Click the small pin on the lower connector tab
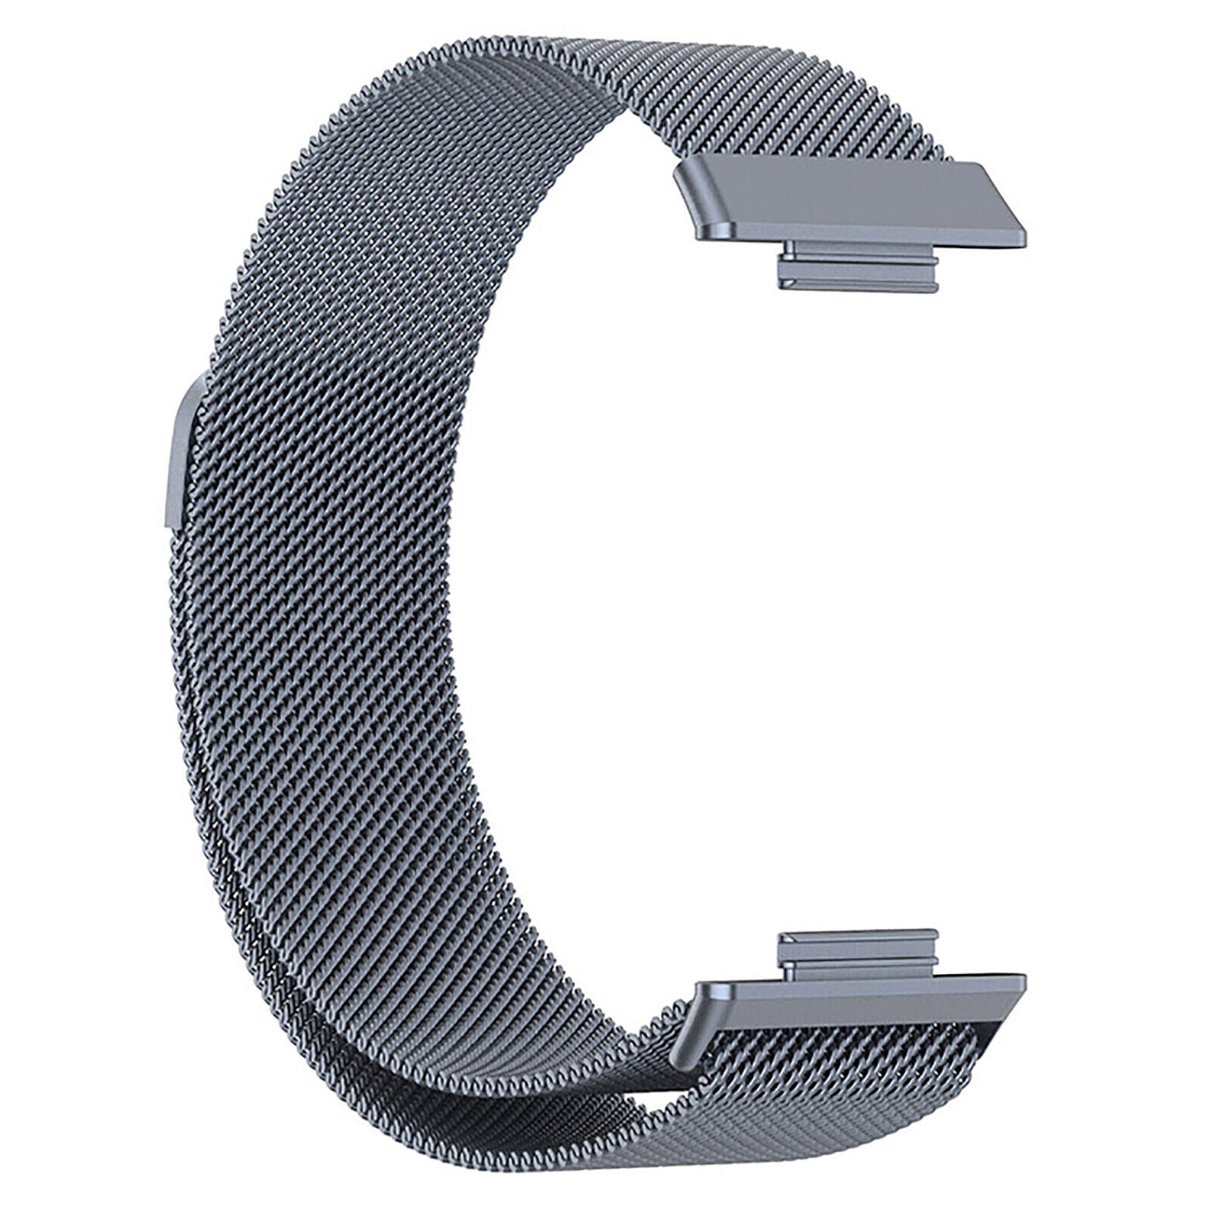point(790,970)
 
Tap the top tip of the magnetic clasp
point(198,383)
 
